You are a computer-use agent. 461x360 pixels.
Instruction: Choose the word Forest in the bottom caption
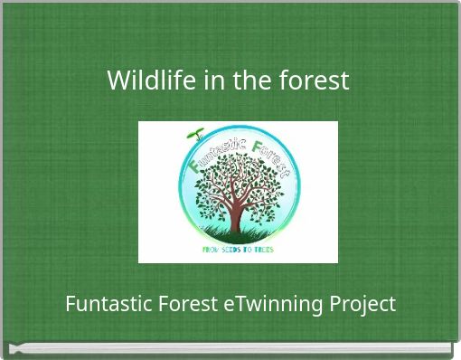pyautogui.click(x=185, y=304)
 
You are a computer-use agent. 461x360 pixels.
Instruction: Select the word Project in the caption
pyautogui.click(x=362, y=304)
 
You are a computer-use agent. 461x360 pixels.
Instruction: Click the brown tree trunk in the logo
pyautogui.click(x=236, y=217)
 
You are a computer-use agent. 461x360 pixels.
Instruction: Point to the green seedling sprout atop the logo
pyautogui.click(x=194, y=136)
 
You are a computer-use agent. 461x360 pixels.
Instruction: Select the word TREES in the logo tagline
pyautogui.click(x=263, y=250)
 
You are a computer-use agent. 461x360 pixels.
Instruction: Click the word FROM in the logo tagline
pyautogui.click(x=212, y=250)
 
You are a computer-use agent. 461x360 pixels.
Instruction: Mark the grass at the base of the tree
pyautogui.click(x=237, y=233)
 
